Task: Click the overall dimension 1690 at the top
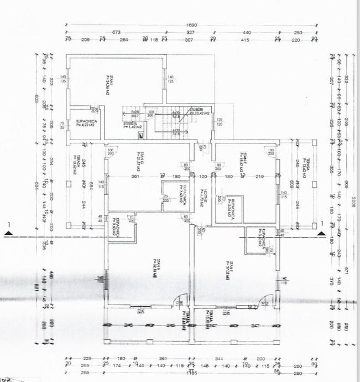(191, 25)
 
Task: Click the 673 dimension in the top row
(116, 33)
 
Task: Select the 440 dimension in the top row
(247, 33)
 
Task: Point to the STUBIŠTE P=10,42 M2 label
(200, 111)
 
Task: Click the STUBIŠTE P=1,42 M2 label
(131, 125)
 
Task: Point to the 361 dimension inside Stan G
(133, 177)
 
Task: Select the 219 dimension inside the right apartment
(259, 177)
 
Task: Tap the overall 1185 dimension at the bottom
(191, 373)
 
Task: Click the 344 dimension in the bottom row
(218, 358)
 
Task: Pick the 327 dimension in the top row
(189, 33)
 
